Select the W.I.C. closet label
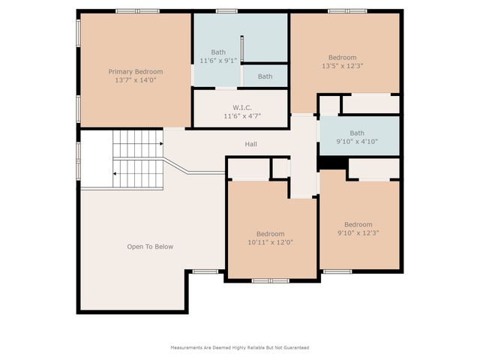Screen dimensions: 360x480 coord(241,108)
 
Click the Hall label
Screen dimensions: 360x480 coord(251,143)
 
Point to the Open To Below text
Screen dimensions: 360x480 coord(150,247)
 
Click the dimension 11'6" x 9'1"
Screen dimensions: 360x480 coord(218,60)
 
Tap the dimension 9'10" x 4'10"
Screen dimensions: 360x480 coord(357,141)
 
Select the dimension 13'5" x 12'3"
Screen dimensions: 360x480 coord(343,66)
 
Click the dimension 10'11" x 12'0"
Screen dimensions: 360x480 coord(270,242)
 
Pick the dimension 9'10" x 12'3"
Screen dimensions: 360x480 coord(358,232)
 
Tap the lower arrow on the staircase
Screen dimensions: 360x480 coord(115,173)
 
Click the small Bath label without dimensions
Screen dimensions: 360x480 coord(265,76)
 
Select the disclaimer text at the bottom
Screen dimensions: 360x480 coord(240,347)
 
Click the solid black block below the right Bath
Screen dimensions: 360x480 coord(330,163)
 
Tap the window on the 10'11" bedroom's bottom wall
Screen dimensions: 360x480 coord(271,280)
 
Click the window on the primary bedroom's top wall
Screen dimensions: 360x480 coord(137,10)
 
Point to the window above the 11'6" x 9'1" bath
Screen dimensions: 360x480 coord(226,10)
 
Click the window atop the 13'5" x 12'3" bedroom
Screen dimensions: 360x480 coord(347,10)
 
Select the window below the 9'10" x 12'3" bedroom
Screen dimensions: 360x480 coord(337,271)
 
